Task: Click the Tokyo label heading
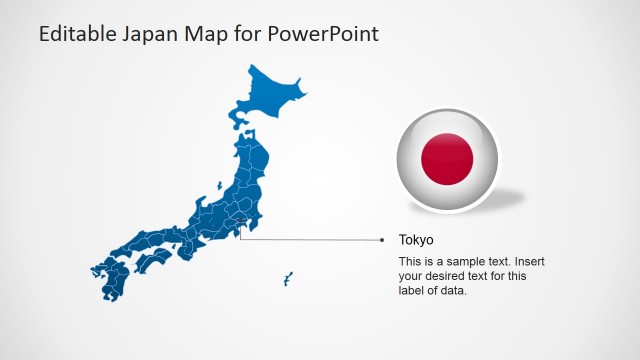[416, 240]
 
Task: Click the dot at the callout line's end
[382, 240]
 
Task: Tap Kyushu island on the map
[110, 279]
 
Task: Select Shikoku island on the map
[154, 262]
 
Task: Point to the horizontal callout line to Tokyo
[310, 240]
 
